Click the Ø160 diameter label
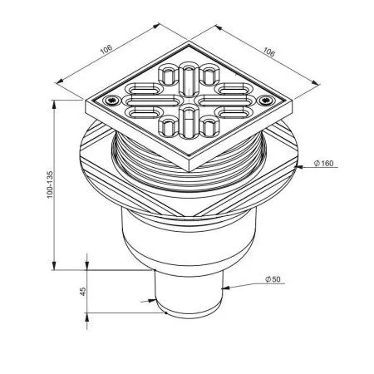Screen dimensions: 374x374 coord(323,164)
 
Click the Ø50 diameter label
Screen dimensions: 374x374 coord(273,279)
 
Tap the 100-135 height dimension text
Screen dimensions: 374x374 coord(50,185)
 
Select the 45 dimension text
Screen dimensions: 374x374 coord(83,291)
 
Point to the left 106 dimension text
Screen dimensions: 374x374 coord(106,49)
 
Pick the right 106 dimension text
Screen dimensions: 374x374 coord(268,52)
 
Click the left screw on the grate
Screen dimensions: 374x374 coord(111,101)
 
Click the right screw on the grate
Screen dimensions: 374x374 coord(267,100)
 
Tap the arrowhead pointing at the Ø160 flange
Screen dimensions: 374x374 coord(300,167)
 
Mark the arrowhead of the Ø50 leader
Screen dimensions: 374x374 coord(225,288)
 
